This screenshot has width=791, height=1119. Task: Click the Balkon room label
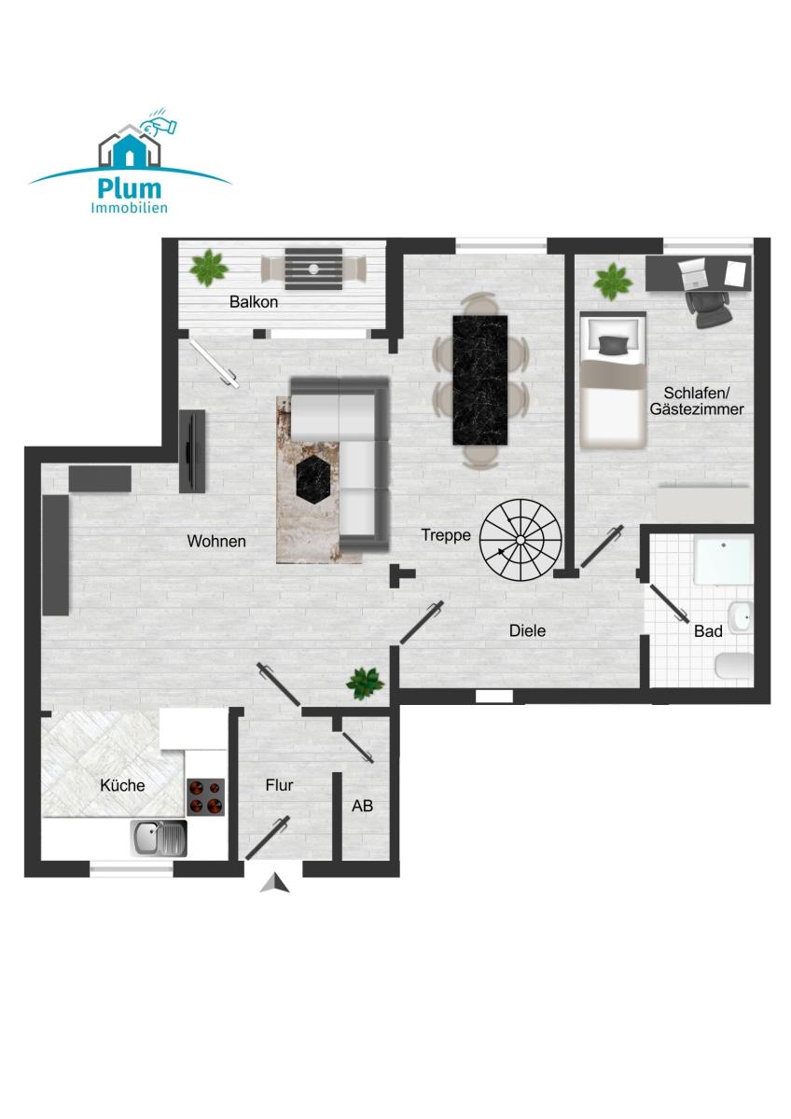[254, 302]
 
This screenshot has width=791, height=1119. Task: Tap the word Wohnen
[216, 541]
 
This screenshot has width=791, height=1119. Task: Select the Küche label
[122, 785]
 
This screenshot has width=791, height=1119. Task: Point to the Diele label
[527, 630]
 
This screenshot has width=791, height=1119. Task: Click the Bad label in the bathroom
[708, 631]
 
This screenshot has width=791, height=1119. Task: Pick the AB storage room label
[362, 806]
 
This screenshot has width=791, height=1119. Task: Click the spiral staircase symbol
[520, 540]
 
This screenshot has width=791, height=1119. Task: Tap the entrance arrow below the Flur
[274, 883]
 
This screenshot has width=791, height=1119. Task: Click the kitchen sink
[159, 838]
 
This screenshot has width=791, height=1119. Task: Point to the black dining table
[479, 380]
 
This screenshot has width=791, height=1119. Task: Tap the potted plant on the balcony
[208, 268]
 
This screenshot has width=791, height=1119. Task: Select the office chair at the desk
[709, 309]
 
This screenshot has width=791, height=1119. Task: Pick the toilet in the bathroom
[734, 666]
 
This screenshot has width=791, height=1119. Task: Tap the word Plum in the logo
[130, 187]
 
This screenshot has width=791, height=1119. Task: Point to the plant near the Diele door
[366, 683]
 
